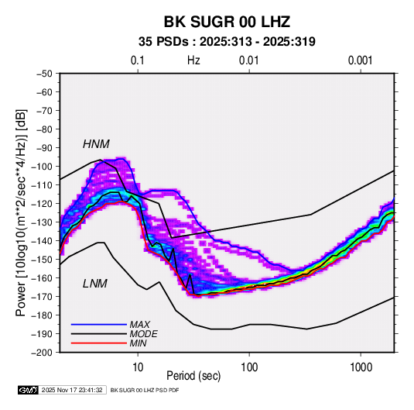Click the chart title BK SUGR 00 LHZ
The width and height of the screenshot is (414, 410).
coord(227,22)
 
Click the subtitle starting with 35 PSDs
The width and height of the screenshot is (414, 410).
coord(227,42)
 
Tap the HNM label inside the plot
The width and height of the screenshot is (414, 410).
coord(96,144)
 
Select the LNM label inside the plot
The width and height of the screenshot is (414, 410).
coord(95,284)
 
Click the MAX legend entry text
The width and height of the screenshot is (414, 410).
coord(140,325)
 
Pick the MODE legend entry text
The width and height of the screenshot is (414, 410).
coord(144,334)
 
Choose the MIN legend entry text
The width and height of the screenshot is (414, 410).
coord(138,343)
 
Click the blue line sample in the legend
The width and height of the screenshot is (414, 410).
coord(99,325)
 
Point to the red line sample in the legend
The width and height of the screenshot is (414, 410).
coord(99,343)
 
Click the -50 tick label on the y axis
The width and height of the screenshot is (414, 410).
coord(44,74)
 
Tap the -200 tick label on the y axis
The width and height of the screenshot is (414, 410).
coord(42,353)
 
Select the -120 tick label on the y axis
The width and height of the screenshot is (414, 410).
coord(42,204)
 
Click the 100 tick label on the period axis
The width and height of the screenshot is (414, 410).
coord(249,367)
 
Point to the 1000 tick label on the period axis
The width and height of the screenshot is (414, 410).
coord(361,367)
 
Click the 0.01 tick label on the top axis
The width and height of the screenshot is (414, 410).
coord(248,60)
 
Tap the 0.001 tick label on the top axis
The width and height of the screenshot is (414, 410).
coord(361,60)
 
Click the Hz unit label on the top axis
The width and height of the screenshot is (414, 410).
coord(193,60)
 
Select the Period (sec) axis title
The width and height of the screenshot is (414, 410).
coord(193,376)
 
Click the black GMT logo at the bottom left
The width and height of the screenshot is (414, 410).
coord(29,390)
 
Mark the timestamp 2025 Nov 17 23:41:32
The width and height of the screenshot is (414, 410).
coord(72,390)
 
